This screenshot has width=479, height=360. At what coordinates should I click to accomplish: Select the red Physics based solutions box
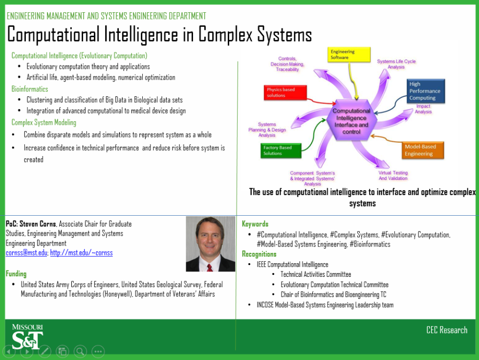click(x=287, y=92)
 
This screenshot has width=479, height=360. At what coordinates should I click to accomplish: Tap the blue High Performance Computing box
click(x=426, y=91)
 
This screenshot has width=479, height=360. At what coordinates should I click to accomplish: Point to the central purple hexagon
click(x=351, y=121)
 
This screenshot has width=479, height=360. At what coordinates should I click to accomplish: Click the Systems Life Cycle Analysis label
click(x=396, y=64)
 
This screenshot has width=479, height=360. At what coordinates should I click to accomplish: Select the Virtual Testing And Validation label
click(x=393, y=176)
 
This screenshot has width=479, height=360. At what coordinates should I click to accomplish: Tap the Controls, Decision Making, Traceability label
click(x=287, y=64)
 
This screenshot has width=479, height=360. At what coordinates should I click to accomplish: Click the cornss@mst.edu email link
click(x=26, y=253)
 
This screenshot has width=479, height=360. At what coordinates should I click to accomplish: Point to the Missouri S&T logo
click(x=27, y=336)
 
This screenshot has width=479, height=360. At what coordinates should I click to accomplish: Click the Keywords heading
click(x=255, y=224)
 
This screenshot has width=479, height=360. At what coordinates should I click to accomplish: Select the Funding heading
click(x=16, y=274)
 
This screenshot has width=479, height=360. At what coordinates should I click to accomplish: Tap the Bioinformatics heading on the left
click(x=30, y=89)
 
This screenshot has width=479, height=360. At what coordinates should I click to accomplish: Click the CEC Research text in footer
click(x=447, y=330)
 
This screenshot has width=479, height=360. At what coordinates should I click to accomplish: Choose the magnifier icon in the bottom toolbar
click(x=80, y=351)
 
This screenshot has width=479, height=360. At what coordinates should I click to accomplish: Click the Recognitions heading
click(x=259, y=254)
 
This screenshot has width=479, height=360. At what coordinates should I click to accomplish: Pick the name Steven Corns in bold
click(x=38, y=224)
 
